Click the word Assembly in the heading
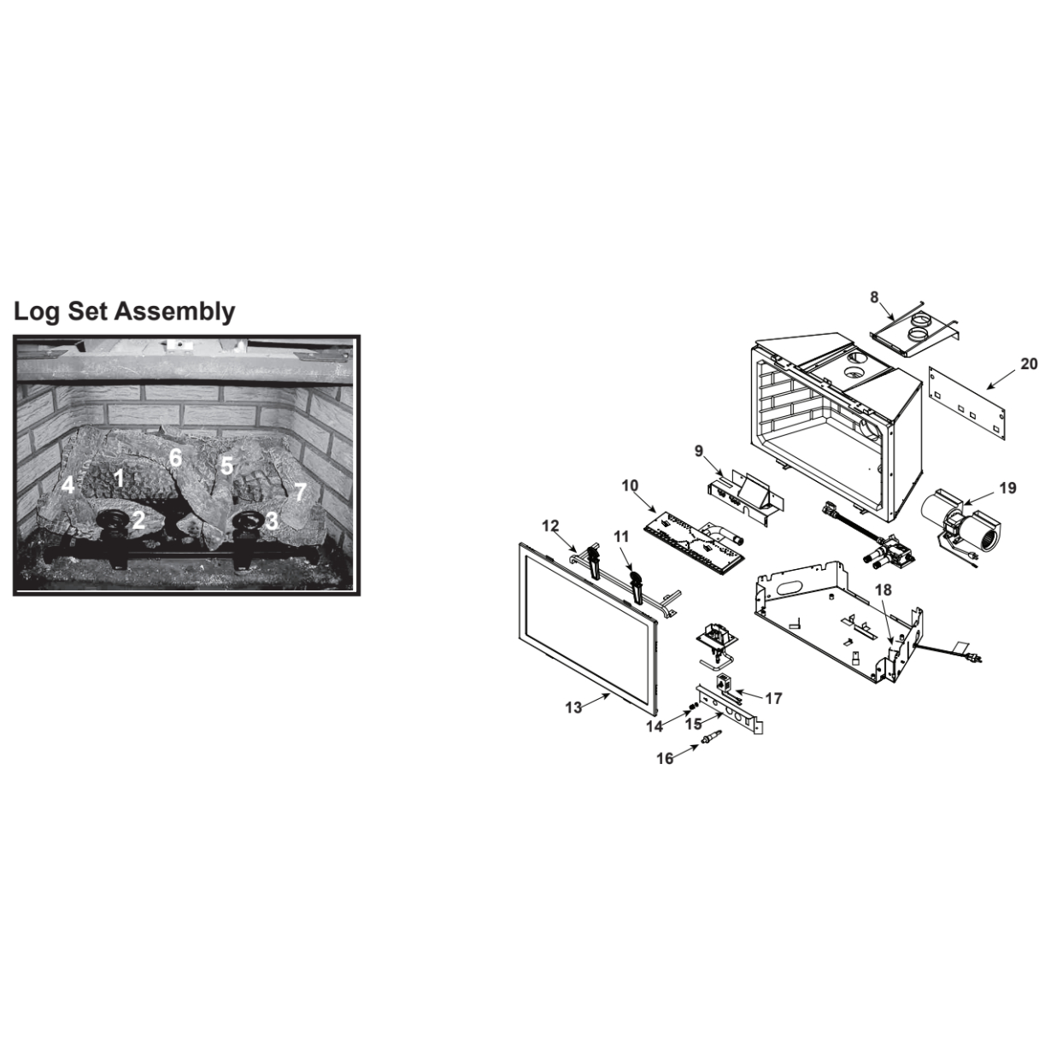click(x=175, y=313)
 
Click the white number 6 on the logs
click(x=175, y=458)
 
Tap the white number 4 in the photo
click(x=68, y=484)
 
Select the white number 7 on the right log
click(x=300, y=492)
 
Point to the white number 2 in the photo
click(x=138, y=520)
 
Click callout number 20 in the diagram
click(x=1028, y=363)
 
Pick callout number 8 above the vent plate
click(x=874, y=297)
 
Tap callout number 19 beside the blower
click(x=1008, y=488)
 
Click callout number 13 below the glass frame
click(x=573, y=708)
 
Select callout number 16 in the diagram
click(x=665, y=759)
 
